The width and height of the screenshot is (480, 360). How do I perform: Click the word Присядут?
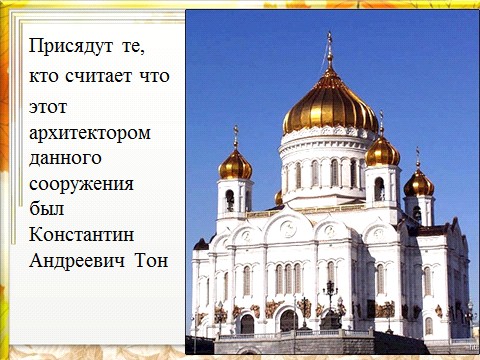pyautogui.click(x=71, y=46)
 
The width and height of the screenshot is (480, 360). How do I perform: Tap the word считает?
pyautogui.click(x=99, y=76)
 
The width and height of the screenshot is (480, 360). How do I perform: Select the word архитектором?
pyautogui.click(x=90, y=134)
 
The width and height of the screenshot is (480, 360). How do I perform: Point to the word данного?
pyautogui.click(x=65, y=158)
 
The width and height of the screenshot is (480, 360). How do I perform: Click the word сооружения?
pyautogui.click(x=81, y=184)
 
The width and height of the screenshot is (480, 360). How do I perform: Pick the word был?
pyautogui.click(x=46, y=209)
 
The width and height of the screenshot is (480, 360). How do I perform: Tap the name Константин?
pyautogui.click(x=82, y=234)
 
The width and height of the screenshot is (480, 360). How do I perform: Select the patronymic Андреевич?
pyautogui.click(x=77, y=260)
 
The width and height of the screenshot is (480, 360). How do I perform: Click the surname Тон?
pyautogui.click(x=151, y=260)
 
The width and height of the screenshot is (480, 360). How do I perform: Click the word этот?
pyautogui.click(x=48, y=107)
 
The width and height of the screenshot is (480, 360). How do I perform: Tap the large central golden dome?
pyautogui.click(x=330, y=105)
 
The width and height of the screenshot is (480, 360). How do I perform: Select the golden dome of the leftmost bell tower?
pyautogui.click(x=235, y=165)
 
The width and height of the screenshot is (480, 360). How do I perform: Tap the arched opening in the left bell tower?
pyautogui.click(x=230, y=200)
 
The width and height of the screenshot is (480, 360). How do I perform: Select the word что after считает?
pyautogui.click(x=154, y=76)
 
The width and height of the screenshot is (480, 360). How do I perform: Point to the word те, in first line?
pyautogui.click(x=133, y=47)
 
